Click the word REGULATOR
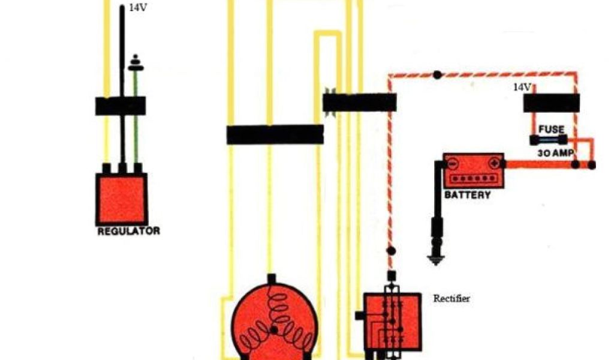coord(128,230)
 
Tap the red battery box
coord(473,170)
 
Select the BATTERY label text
coord(467,195)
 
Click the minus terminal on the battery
coord(453,163)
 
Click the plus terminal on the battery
coord(494,163)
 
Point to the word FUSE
coord(551,130)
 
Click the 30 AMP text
coord(555,153)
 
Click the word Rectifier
coord(452,298)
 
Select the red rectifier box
coord(393,321)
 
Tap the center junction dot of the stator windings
coord(275,330)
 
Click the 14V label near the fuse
coord(521,88)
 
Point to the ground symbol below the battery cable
coord(435,260)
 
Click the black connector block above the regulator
coord(121,106)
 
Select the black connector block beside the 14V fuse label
coord(551,103)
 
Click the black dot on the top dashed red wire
coord(438,75)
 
